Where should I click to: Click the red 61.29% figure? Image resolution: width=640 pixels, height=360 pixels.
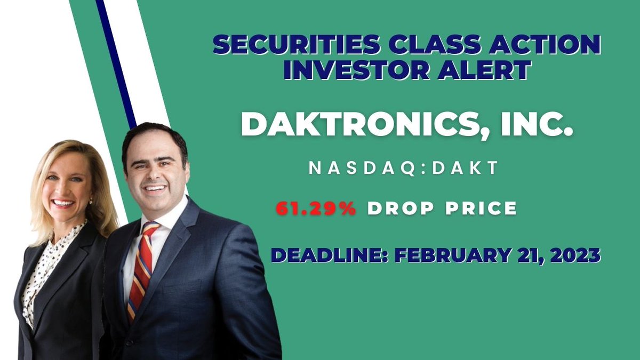[x=316, y=209]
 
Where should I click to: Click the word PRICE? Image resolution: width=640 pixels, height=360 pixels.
[x=483, y=209]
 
